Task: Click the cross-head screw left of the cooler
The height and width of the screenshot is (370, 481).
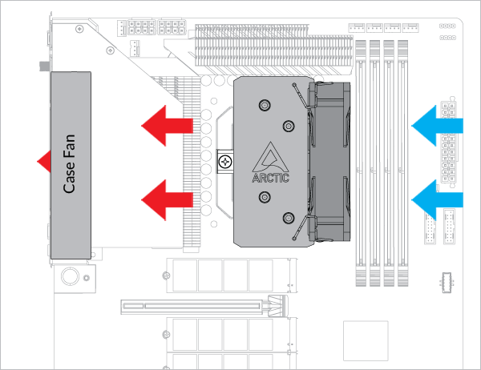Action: coord(226,161)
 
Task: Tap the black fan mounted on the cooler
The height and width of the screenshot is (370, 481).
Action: coord(329,160)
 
